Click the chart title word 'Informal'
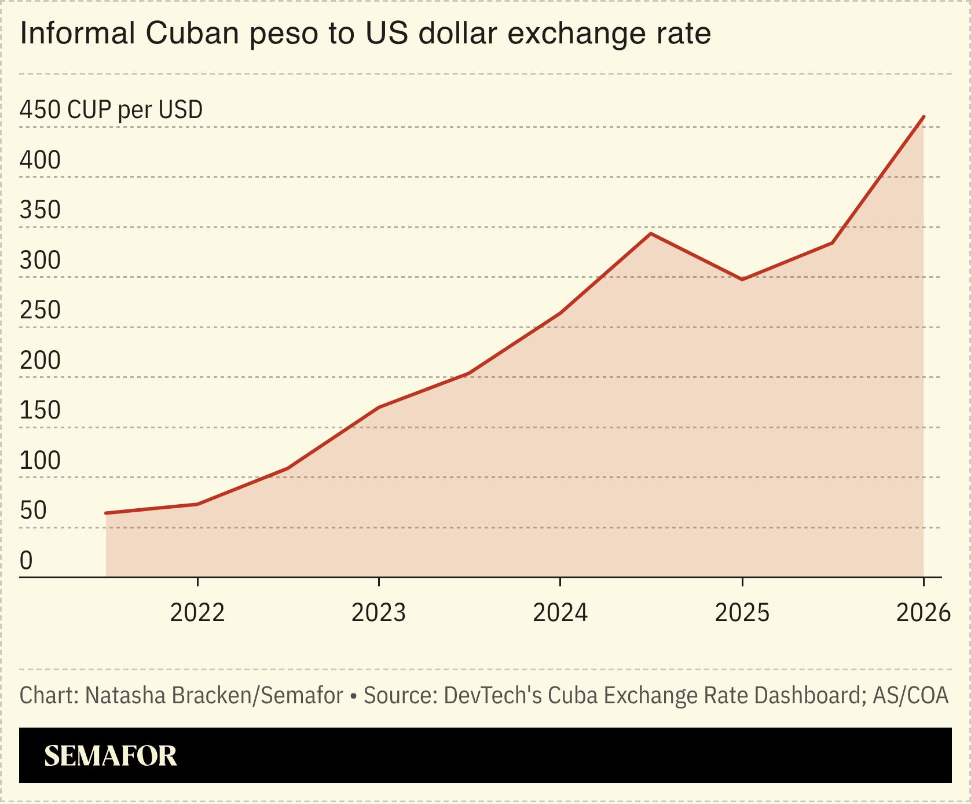click(77, 33)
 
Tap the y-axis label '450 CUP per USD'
click(111, 109)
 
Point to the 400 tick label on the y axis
click(40, 160)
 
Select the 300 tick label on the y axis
click(40, 260)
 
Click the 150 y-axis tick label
click(40, 410)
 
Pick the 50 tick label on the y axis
click(33, 511)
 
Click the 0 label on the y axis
click(26, 560)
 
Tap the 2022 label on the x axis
click(197, 612)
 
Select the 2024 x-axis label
click(560, 612)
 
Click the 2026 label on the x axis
click(923, 612)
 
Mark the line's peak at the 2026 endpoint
click(923, 117)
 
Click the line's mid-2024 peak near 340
click(651, 234)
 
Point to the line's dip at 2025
click(742, 280)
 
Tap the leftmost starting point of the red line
click(106, 513)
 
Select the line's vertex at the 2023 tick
click(379, 407)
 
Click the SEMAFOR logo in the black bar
click(110, 756)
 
